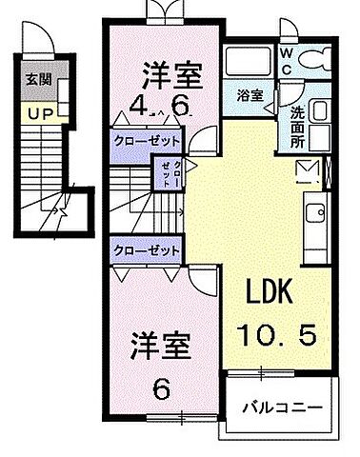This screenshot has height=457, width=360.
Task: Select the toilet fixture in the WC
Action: pos(311,59)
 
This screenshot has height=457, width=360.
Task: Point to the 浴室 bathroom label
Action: pos(250,96)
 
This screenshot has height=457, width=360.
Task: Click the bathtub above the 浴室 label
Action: pos(250,64)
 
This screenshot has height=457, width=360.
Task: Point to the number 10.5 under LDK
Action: pos(274,333)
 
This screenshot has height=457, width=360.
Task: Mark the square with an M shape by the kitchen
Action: pos(306,171)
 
